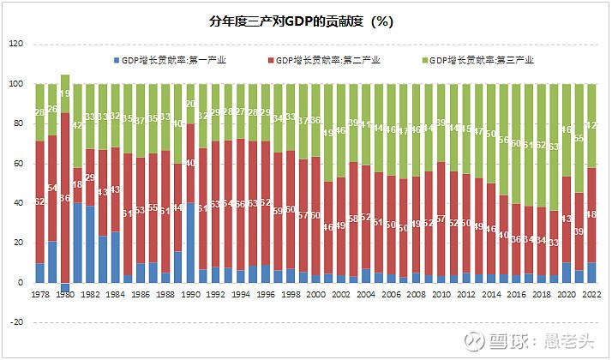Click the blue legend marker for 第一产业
click(x=117, y=61)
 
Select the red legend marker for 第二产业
click(x=272, y=61)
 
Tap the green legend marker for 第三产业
click(x=425, y=61)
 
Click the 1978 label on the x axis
click(x=39, y=294)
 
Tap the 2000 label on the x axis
click(x=316, y=294)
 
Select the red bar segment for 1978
click(x=39, y=202)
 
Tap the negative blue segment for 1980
click(x=64, y=287)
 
